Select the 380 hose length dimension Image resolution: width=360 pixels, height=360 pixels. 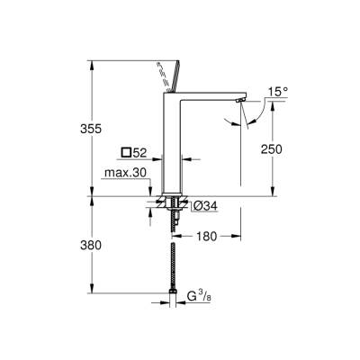click(x=80, y=245)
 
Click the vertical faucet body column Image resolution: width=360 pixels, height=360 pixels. click(x=172, y=144)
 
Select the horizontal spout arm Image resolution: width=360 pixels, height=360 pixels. click(x=211, y=95)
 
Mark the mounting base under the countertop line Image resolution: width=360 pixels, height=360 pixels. click(x=172, y=203)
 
